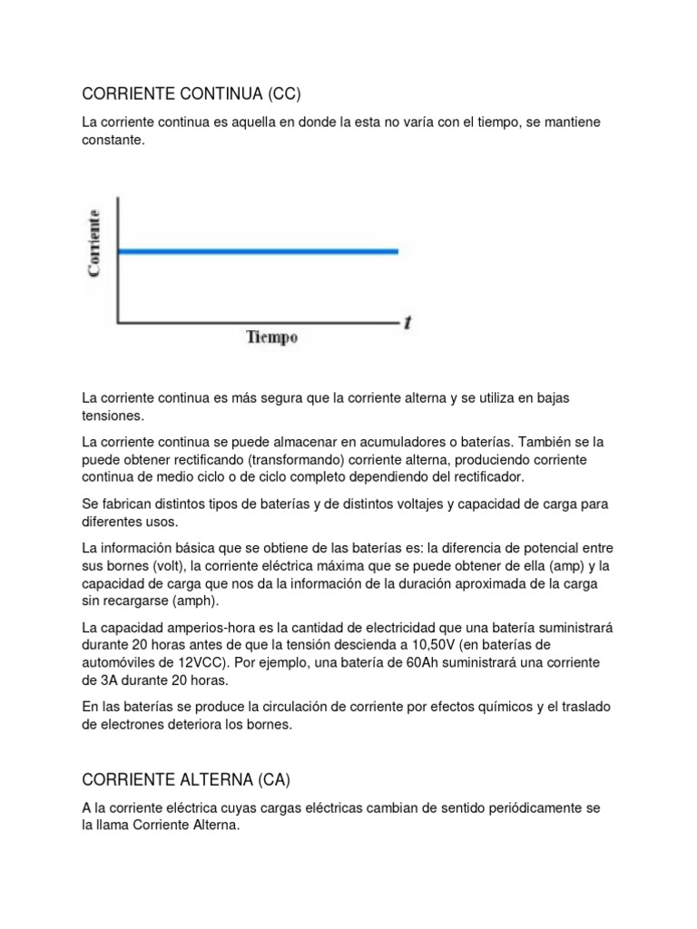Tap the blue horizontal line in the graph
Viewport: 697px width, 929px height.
259,251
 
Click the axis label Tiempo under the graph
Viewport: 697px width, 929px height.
272,337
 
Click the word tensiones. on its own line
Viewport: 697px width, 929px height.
113,416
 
